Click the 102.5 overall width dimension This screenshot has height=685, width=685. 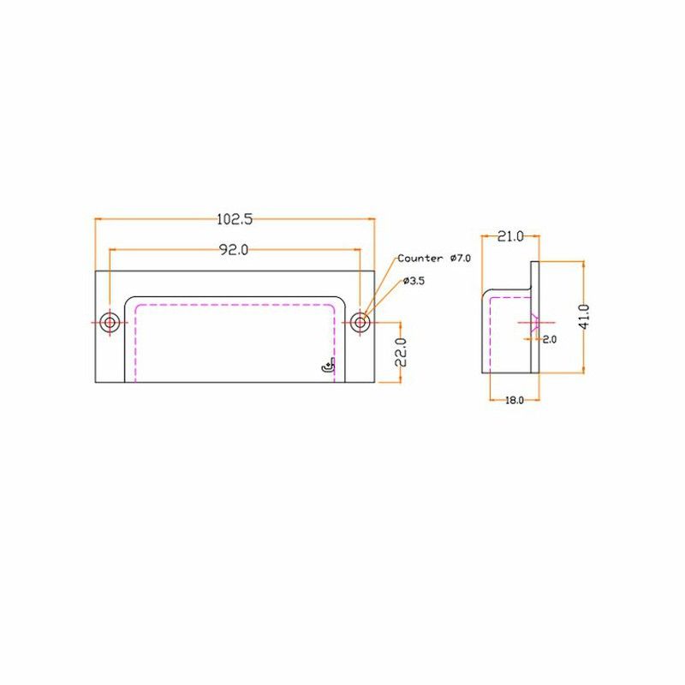235,219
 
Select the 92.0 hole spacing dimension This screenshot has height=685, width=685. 233,250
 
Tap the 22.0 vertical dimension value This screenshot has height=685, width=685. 401,352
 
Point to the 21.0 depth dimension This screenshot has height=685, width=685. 510,236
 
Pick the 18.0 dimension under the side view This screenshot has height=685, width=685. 515,400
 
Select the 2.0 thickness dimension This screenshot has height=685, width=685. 550,339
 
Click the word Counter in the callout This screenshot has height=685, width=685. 420,259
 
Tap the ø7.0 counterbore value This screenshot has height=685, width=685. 461,259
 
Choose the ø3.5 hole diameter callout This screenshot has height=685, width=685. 414,281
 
